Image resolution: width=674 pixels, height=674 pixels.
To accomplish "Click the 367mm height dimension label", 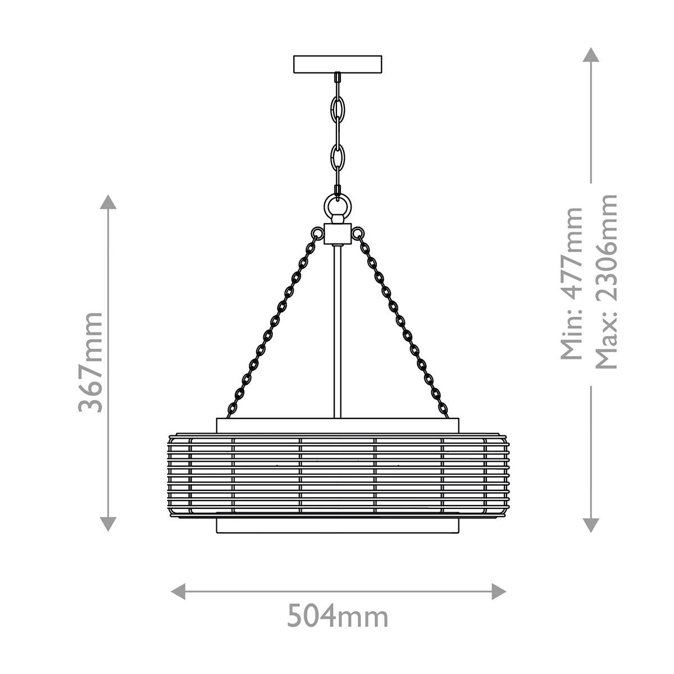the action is [90, 362].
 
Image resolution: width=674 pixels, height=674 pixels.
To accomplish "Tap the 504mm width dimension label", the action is [338, 617].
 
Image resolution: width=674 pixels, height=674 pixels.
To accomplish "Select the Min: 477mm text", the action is [571, 284].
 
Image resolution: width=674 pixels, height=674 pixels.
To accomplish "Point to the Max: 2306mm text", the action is [606, 281].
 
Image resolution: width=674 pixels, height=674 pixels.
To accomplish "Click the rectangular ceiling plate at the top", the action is [338, 65].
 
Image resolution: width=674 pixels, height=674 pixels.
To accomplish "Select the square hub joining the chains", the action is [338, 234].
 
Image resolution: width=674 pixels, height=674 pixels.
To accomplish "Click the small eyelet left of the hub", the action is [317, 233].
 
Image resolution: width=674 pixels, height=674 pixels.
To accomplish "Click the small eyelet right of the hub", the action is [357, 233].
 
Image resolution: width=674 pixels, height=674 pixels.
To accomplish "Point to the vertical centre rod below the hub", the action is [338, 331].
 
